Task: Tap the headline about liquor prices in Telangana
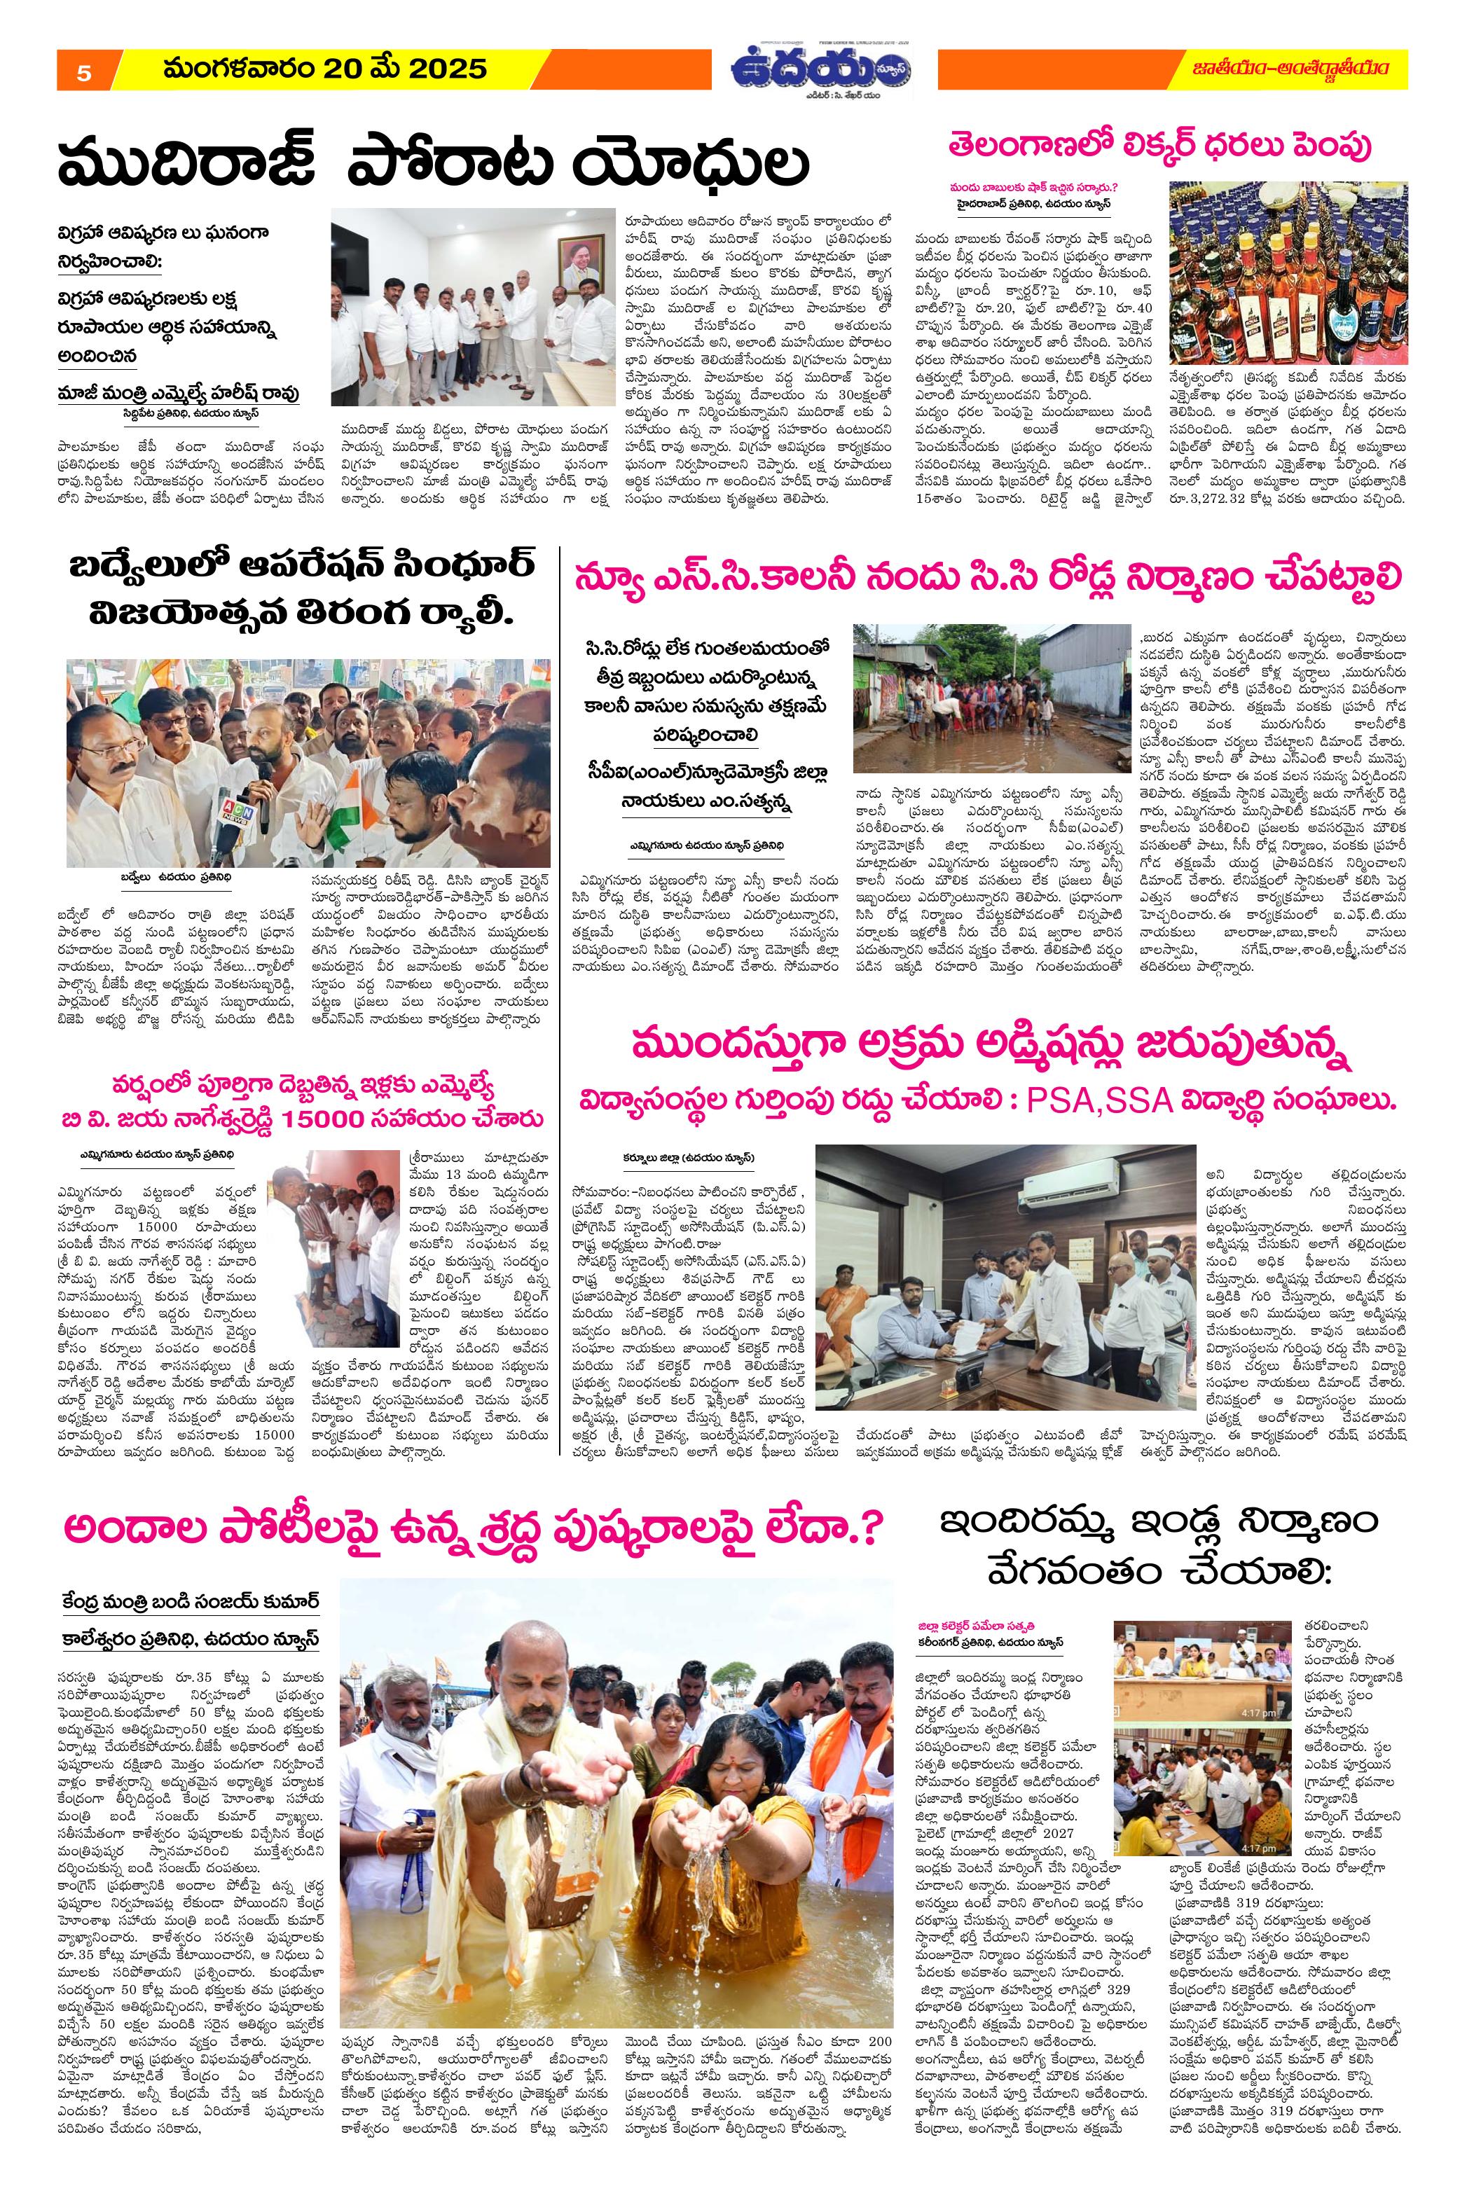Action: pos(1177,147)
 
